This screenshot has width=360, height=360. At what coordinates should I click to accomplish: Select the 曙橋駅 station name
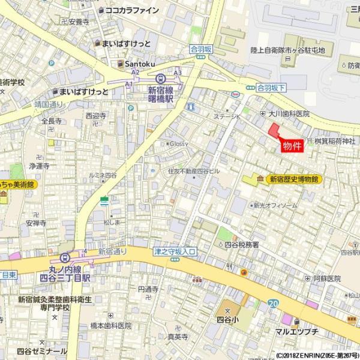(160, 99)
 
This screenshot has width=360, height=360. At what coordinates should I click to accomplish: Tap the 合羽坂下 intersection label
(271, 87)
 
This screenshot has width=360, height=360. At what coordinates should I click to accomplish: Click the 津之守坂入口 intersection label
(175, 252)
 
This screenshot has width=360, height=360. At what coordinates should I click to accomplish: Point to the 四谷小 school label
(228, 319)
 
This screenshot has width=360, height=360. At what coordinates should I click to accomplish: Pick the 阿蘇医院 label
(326, 278)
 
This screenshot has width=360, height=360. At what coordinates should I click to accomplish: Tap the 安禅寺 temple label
(35, 223)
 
